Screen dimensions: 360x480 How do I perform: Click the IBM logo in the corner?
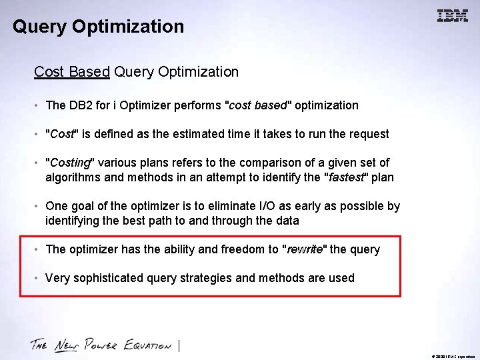tap(452, 16)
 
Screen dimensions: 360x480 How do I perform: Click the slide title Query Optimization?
tap(98, 27)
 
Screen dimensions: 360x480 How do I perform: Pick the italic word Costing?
tap(69, 163)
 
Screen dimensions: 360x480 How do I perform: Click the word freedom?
tap(243, 249)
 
